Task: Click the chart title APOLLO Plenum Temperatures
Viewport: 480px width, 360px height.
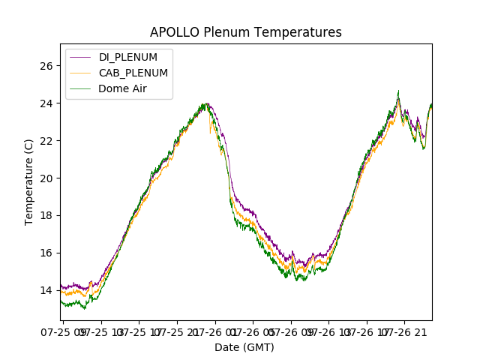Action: (245, 32)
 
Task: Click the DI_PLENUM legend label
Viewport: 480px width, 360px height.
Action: (128, 57)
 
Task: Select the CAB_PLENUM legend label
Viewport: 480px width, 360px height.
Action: (133, 73)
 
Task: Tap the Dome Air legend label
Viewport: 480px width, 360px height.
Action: (123, 88)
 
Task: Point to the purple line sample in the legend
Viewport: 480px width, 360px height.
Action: (81, 57)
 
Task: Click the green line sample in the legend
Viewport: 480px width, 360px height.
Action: (81, 88)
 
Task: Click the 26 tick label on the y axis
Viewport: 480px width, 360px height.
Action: (46, 66)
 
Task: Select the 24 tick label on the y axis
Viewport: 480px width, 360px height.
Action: (46, 103)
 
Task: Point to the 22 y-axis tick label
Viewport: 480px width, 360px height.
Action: (46, 141)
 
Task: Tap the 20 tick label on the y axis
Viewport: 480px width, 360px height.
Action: (46, 178)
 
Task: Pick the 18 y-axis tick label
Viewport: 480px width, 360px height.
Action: (46, 216)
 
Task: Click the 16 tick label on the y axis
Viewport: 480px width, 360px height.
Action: (46, 253)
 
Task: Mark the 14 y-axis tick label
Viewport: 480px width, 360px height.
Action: (46, 290)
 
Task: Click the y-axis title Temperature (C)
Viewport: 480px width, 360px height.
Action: (29, 181)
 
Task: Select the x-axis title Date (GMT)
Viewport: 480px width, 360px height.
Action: (244, 347)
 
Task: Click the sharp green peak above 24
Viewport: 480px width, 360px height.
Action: (398, 91)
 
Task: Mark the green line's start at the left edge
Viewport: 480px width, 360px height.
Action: (61, 301)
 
